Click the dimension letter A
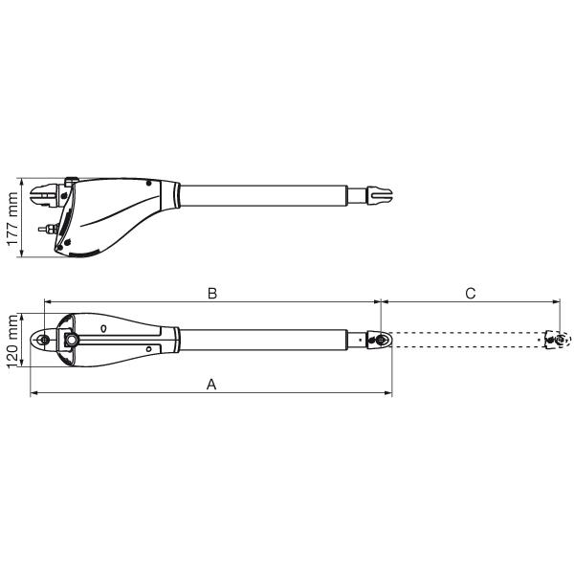pyautogui.click(x=211, y=385)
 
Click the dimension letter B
pyautogui.click(x=212, y=294)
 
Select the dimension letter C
pyautogui.click(x=471, y=294)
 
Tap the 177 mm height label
pyautogui.click(x=12, y=218)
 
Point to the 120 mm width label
pyautogui.click(x=12, y=341)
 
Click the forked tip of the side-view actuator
pyautogui.click(x=380, y=195)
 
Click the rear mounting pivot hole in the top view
pyautogui.click(x=45, y=340)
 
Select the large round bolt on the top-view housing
pyautogui.click(x=72, y=340)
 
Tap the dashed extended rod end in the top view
pyautogui.click(x=557, y=340)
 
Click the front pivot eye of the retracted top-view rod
pyautogui.click(x=382, y=340)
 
